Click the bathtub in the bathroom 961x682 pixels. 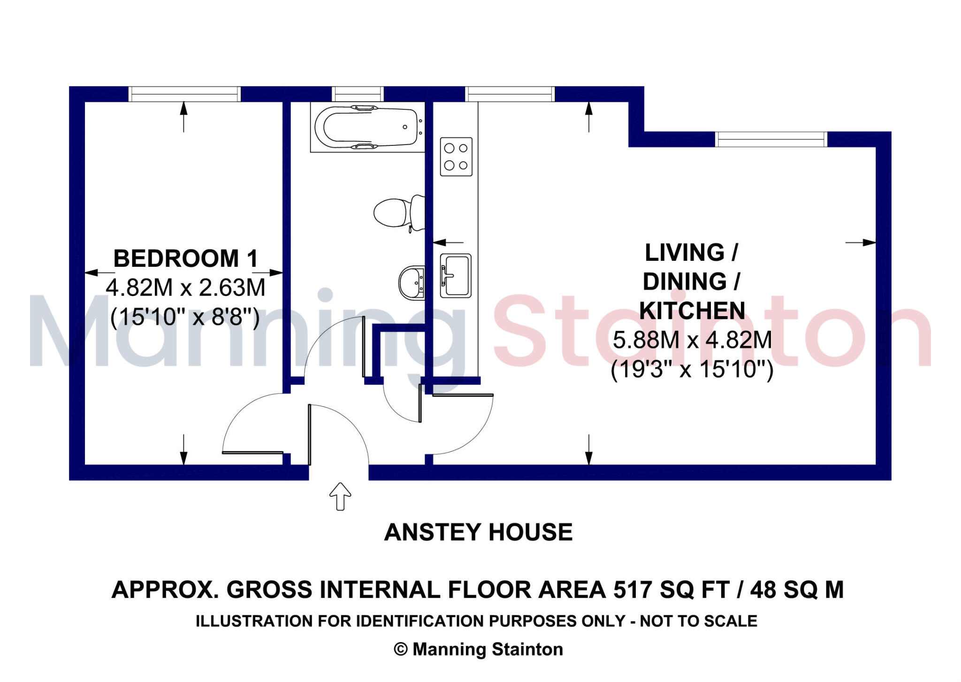pos(367,127)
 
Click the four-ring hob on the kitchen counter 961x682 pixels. pos(456,157)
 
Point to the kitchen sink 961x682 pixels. pos(455,276)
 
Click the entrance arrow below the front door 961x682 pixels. pos(340,496)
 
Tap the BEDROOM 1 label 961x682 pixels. pos(186,258)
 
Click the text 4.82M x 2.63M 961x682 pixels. pos(185,288)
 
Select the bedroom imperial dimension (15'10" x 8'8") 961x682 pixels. pos(185,317)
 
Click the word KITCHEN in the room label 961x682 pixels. pos(692,311)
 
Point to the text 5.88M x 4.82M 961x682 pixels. pos(692,340)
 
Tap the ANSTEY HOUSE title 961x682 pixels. pos(478,532)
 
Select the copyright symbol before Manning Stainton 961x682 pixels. pos(400,649)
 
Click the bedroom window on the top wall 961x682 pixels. pos(184,94)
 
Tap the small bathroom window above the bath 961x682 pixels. pos(358,94)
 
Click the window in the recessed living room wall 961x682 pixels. pos(771,139)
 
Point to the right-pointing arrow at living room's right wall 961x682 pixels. pos(861,242)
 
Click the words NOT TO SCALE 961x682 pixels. pos(698,621)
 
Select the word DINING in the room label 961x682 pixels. pos(685,281)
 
